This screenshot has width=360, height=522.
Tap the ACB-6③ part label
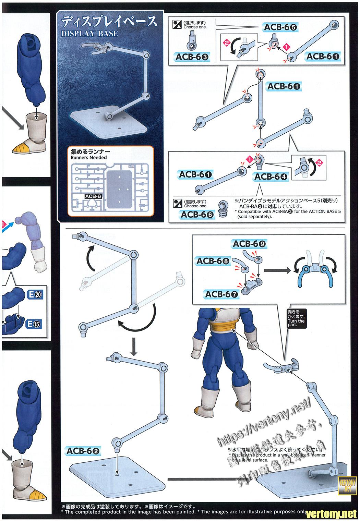pyautogui.click(x=192, y=57)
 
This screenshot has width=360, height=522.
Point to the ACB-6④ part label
pyautogui.click(x=271, y=177)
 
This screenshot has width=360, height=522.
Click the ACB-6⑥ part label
pyautogui.click(x=197, y=214)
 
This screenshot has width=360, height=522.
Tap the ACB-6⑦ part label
pyautogui.click(x=222, y=294)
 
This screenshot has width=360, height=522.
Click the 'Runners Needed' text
pyautogui.click(x=89, y=158)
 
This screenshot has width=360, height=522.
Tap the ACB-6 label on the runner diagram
pyautogui.click(x=94, y=196)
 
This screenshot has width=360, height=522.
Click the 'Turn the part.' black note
pyautogui.click(x=297, y=318)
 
